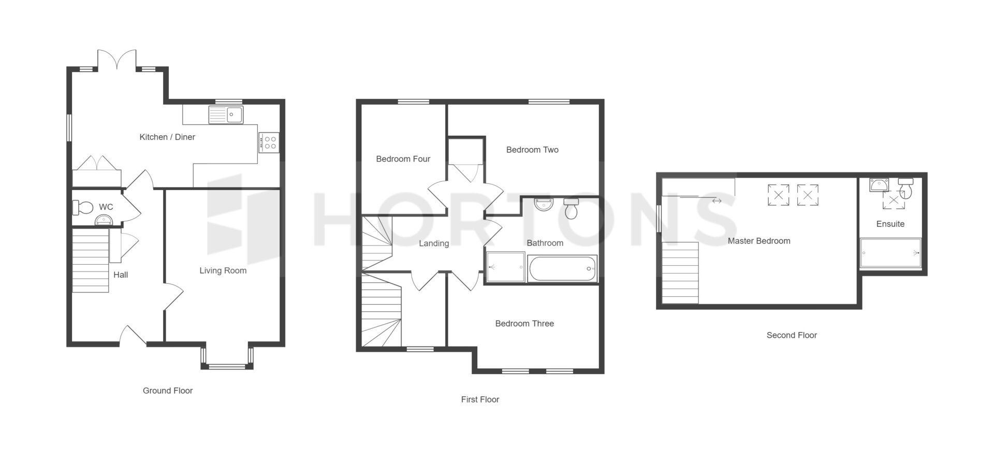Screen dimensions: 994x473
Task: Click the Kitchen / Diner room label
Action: [x=167, y=137]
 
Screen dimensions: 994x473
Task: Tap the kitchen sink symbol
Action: [x=226, y=114]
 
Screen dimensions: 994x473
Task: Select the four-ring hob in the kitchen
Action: [x=269, y=142]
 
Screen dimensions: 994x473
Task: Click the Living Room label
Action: [x=223, y=270]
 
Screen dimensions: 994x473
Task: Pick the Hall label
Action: [x=121, y=275]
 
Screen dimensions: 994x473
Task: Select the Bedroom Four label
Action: [x=403, y=159]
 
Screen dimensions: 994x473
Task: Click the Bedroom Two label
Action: [x=532, y=150]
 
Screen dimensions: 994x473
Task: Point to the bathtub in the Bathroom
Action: [x=562, y=269]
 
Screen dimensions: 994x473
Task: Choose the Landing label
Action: [x=434, y=243]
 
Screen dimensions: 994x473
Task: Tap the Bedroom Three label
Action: [x=524, y=323]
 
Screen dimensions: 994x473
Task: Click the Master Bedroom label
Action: [x=759, y=241]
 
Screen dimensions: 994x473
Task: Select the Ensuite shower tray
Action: [x=890, y=253]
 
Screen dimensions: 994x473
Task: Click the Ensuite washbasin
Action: [x=878, y=184]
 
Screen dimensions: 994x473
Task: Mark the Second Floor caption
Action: [x=792, y=335]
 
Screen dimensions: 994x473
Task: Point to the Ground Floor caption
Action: [x=168, y=391]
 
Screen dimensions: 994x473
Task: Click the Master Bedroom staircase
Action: [x=680, y=273]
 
